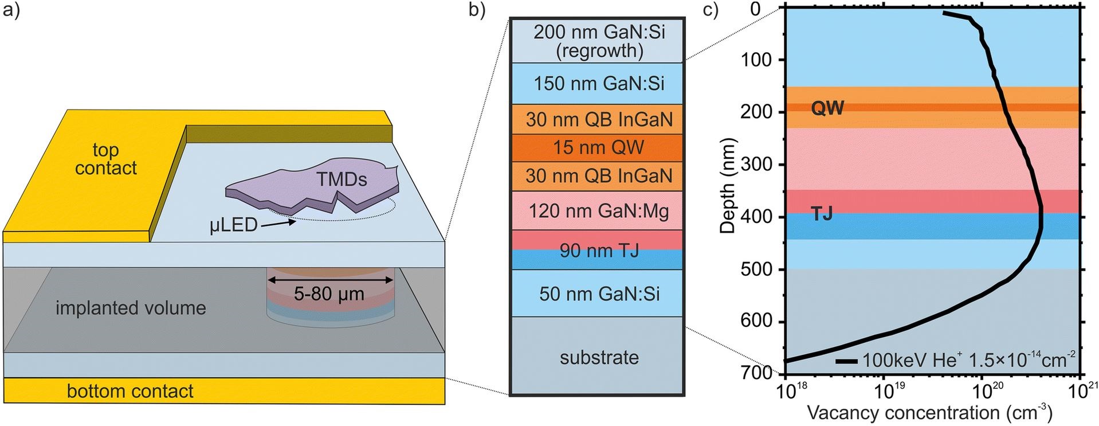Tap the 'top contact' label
(x=106, y=159)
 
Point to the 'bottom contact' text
(x=130, y=391)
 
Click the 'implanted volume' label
(x=131, y=308)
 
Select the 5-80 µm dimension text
(x=329, y=294)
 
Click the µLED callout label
(x=234, y=225)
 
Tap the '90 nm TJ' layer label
(x=599, y=251)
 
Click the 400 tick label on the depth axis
(x=756, y=217)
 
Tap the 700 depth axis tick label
(x=756, y=373)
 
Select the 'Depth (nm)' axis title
(x=727, y=185)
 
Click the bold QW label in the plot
(x=827, y=107)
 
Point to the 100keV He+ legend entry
(x=955, y=359)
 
